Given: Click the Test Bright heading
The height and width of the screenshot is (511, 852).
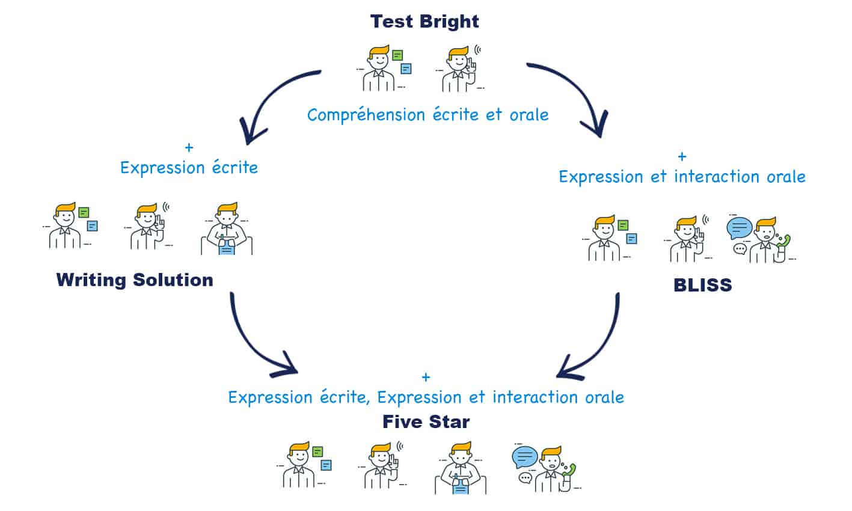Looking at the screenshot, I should point(424,22).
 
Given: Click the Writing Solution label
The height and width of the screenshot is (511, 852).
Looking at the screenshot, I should point(135,280).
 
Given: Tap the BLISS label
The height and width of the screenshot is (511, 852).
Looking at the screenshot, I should point(703,285).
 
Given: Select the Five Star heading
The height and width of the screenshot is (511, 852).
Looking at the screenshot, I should point(426,422).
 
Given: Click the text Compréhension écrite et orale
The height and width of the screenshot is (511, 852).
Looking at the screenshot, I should point(428,115).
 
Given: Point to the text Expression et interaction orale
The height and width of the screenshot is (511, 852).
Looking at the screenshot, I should point(682,177).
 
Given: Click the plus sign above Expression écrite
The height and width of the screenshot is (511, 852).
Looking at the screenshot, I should point(189,147).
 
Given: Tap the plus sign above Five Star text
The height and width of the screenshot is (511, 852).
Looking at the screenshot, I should point(426,378).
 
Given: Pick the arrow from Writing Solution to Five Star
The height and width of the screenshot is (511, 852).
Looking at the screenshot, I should point(253,343).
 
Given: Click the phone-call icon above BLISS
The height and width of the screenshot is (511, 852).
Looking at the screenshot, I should point(761,239).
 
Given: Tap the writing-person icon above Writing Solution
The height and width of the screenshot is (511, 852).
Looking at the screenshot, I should point(226,230).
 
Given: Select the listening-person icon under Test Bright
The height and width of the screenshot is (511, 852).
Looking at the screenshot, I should point(460,69).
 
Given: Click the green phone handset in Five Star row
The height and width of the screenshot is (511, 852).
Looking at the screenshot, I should point(569,470).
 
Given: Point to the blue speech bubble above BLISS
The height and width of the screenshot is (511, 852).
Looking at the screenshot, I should point(739,227).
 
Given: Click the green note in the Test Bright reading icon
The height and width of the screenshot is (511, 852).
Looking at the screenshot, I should point(397,56).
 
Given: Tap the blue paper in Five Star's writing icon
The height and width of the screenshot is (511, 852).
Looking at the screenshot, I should point(461,485).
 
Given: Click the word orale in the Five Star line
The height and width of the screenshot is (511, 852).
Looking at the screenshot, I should point(604,397).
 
